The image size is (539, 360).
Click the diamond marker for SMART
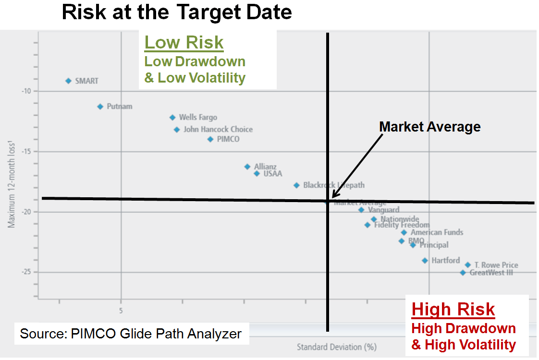68,81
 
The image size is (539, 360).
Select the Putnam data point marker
100,107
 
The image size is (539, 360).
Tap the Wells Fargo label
198,117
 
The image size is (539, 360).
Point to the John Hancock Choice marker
177,130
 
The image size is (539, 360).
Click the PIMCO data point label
228,139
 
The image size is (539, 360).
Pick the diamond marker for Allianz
247,167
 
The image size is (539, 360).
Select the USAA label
273,173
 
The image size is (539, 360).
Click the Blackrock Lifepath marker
296,185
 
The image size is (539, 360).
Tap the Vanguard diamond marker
361,210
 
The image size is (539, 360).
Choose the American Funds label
437,232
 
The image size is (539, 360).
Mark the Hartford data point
425,261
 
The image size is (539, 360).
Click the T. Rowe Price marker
467,265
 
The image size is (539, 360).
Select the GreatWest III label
491,273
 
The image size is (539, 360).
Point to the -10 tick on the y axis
27,91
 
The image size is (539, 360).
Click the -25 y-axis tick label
27,272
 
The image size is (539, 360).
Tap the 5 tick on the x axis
121,311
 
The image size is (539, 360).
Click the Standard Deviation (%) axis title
336,347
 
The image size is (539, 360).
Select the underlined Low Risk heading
184,42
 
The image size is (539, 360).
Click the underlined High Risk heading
453,310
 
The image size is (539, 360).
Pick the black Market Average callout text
429,127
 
